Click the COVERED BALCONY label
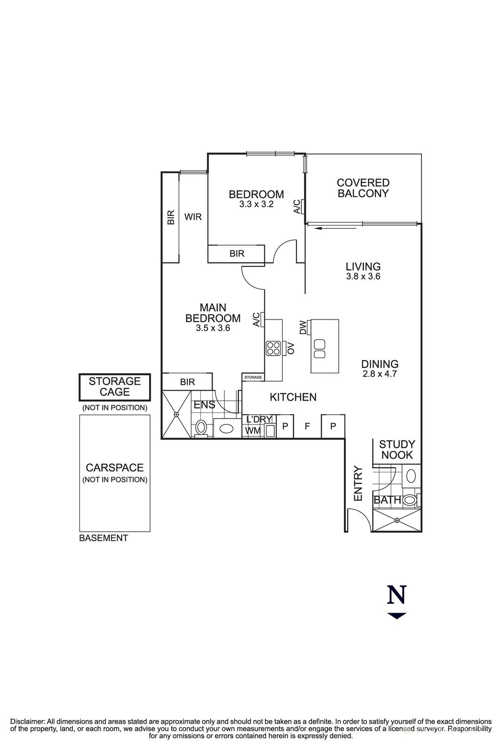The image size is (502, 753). click(363, 188)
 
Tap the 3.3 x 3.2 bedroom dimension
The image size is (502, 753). click(256, 204)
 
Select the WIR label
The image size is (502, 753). click(193, 216)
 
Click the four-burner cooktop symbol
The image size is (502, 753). click(273, 348)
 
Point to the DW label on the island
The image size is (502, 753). click(303, 327)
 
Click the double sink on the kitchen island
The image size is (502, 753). click(320, 348)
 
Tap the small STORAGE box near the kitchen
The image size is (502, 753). click(253, 377)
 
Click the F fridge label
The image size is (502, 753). click(307, 426)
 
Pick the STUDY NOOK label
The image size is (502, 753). click(397, 449)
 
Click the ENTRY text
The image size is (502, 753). click(358, 483)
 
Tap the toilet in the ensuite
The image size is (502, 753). click(201, 427)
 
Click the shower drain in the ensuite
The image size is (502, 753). click(176, 414)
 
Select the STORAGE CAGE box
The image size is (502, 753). click(115, 386)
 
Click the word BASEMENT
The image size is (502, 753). click(104, 538)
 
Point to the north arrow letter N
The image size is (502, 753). click(396, 595)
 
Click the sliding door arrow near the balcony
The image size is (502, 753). click(335, 228)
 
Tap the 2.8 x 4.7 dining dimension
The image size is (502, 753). click(380, 374)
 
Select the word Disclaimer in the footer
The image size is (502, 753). click(27, 721)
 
